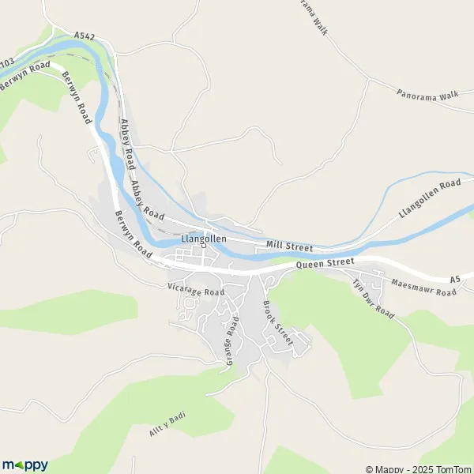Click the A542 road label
point(85,36)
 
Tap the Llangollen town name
point(204,238)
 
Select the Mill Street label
point(289,246)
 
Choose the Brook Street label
point(277,324)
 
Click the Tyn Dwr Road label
point(373,299)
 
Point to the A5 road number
point(454,280)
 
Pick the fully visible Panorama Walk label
point(427,95)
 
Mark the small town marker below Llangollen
point(203,246)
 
